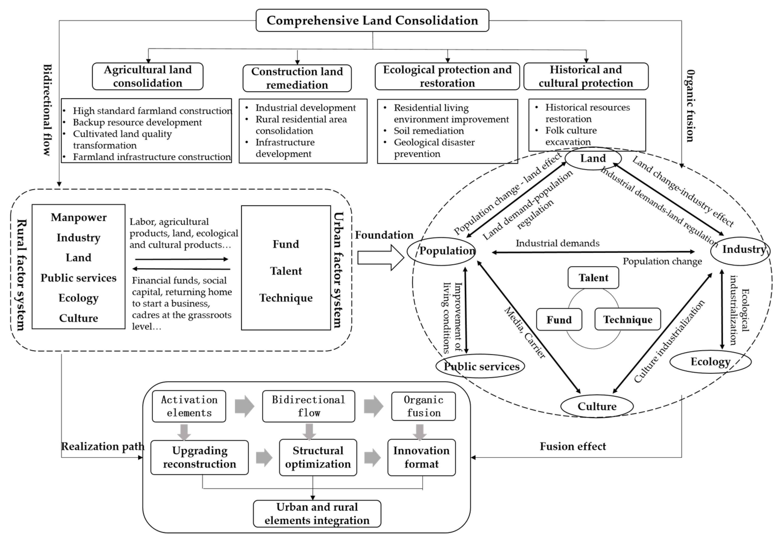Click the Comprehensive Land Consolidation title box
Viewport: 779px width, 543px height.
click(372, 20)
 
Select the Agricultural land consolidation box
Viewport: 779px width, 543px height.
click(148, 76)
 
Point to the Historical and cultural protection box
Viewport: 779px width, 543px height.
click(586, 76)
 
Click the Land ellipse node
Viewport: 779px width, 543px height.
click(593, 158)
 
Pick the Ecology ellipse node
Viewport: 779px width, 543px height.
click(710, 362)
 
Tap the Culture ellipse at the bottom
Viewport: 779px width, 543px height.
click(597, 406)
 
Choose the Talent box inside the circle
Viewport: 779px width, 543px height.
click(593, 278)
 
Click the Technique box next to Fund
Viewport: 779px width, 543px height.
click(627, 319)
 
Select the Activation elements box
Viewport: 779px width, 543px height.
click(189, 406)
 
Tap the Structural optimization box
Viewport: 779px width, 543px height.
click(318, 457)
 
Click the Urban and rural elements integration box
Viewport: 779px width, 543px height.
click(317, 514)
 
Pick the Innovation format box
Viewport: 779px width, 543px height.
click(421, 457)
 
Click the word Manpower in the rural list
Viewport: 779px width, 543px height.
click(78, 217)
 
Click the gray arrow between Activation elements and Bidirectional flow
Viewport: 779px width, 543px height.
click(244, 406)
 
